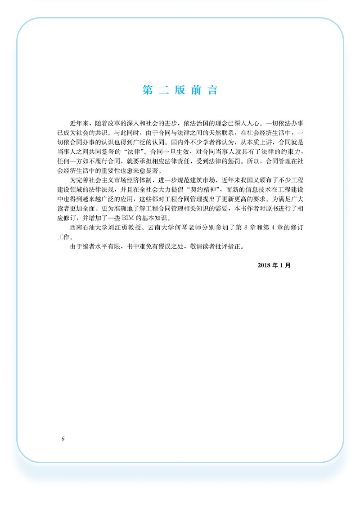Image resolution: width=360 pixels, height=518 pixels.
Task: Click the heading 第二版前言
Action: (180, 90)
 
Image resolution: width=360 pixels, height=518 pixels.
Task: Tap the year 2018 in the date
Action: (265, 265)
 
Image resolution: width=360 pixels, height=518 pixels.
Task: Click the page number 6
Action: (63, 438)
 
